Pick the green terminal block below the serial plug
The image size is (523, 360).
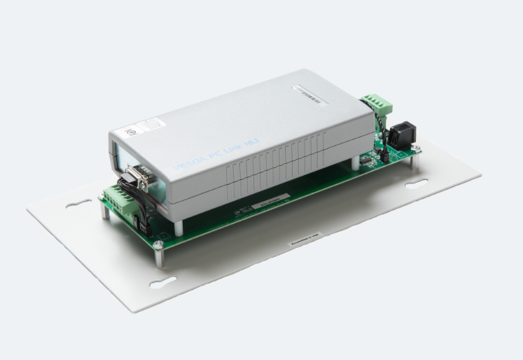119,203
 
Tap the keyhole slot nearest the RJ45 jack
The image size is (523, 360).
417,184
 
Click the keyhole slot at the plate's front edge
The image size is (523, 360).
163,282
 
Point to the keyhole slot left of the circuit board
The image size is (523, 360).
78,203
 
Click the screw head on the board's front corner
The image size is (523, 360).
158,244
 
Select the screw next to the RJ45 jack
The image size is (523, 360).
415,148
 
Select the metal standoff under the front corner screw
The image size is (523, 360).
159,257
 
